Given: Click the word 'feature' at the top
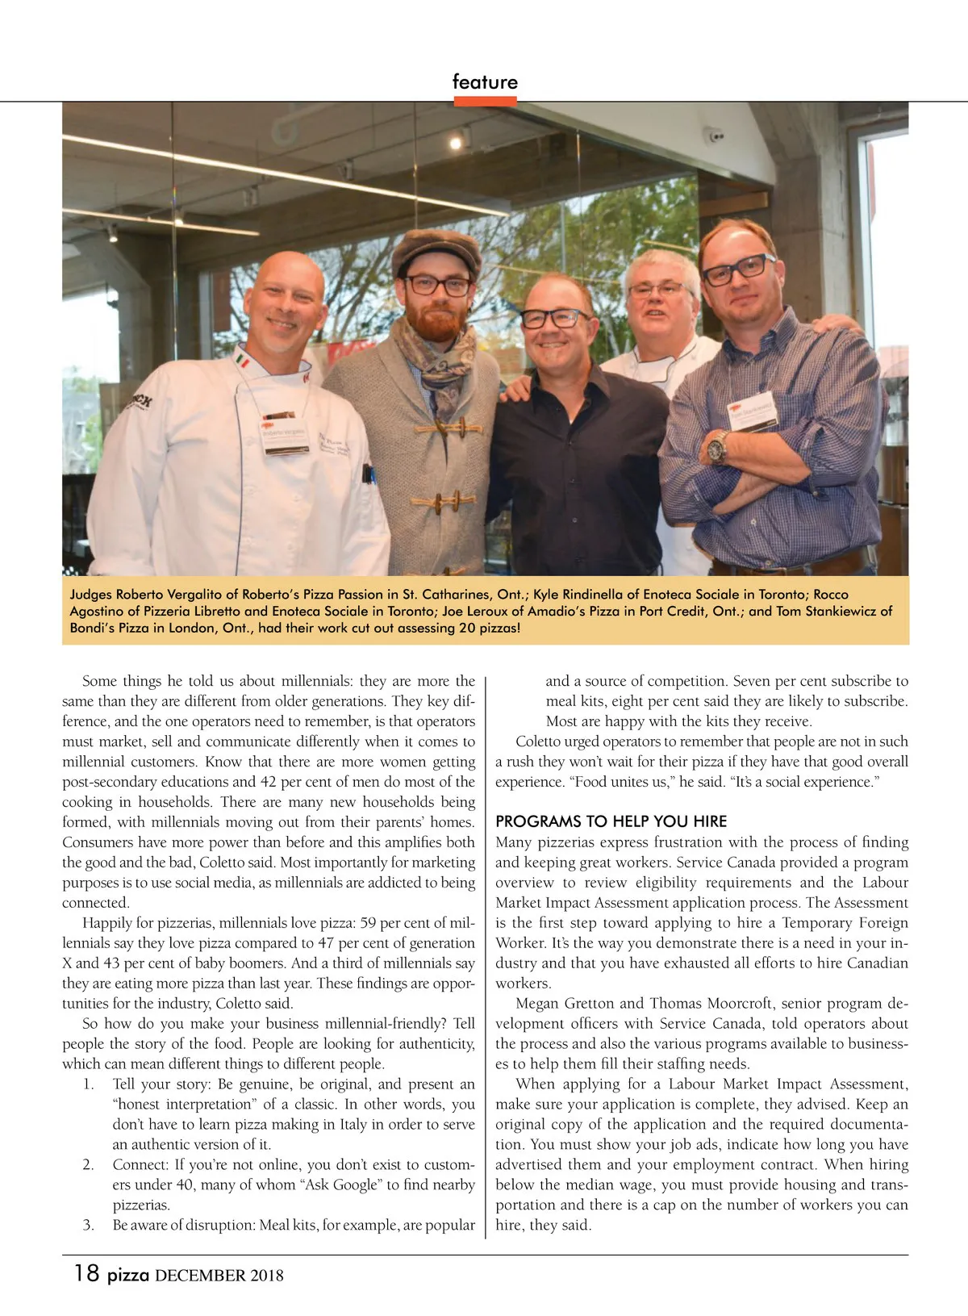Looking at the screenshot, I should coord(485,81).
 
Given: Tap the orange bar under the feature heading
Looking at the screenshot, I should coord(485,102).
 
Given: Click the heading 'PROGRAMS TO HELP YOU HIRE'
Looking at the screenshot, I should coord(611,821).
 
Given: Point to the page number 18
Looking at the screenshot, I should coord(86,1273).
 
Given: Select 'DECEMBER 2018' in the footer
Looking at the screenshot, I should coord(219,1276).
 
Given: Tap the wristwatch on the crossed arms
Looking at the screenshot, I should coord(717,446).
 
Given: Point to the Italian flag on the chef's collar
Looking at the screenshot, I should coord(242,361).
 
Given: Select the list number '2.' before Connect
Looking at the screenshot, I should coord(89,1164).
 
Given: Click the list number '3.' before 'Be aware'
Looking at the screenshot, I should coord(89,1225).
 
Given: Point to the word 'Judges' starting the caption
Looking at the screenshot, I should coord(91,595).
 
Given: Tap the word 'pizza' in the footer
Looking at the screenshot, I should coord(128,1275).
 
